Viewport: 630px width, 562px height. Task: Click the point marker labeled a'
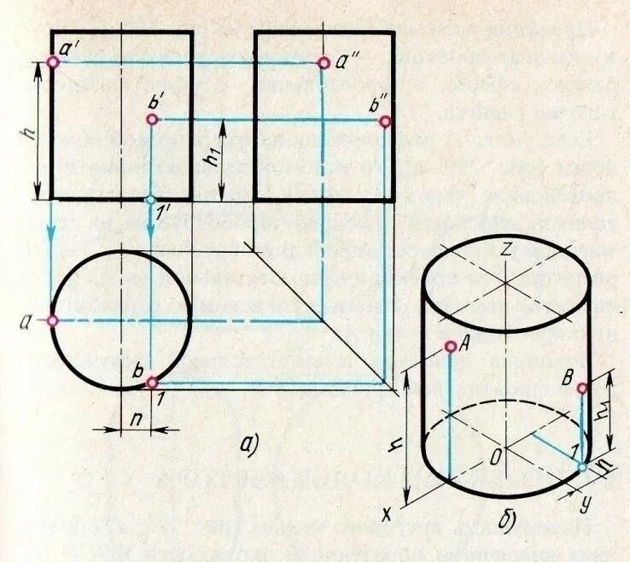(x=53, y=62)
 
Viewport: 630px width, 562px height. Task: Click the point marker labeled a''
(x=324, y=62)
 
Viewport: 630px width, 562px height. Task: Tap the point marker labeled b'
(x=151, y=120)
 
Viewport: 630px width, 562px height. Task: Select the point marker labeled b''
(x=385, y=121)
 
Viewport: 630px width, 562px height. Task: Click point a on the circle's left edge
(x=53, y=320)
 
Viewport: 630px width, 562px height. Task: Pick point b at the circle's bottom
(x=151, y=383)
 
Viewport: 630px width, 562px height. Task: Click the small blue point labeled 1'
(x=151, y=200)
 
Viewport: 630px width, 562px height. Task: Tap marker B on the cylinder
(x=582, y=389)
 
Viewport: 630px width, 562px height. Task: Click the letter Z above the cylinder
(x=505, y=250)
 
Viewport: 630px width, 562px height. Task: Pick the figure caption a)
(x=248, y=443)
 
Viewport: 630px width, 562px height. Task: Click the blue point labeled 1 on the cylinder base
(x=582, y=466)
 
